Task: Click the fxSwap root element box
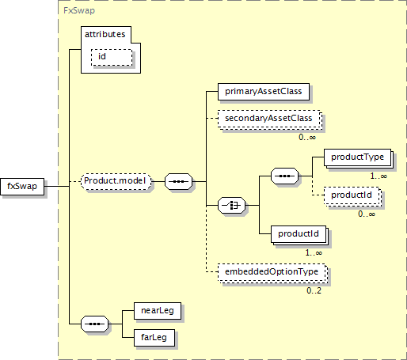pos(22,187)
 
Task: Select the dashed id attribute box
pos(112,57)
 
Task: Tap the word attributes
pos(105,34)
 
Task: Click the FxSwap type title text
pos(79,10)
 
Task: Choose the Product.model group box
pos(116,181)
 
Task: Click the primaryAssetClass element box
pos(264,92)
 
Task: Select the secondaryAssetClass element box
pos(269,119)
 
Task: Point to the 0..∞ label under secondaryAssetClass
pos(307,137)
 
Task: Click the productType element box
pos(358,158)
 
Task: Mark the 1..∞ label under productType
pos(378,176)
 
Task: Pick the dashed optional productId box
pos(352,196)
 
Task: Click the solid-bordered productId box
pos(299,235)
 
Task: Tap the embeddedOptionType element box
pos(272,273)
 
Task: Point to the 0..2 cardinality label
pos(314,290)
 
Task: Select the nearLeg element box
pos(158,311)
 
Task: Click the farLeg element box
pos(154,338)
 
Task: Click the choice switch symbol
pos(231,205)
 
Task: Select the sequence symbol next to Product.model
pos(179,181)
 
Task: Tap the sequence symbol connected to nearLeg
pos(94,324)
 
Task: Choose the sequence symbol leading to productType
pos(285,176)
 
